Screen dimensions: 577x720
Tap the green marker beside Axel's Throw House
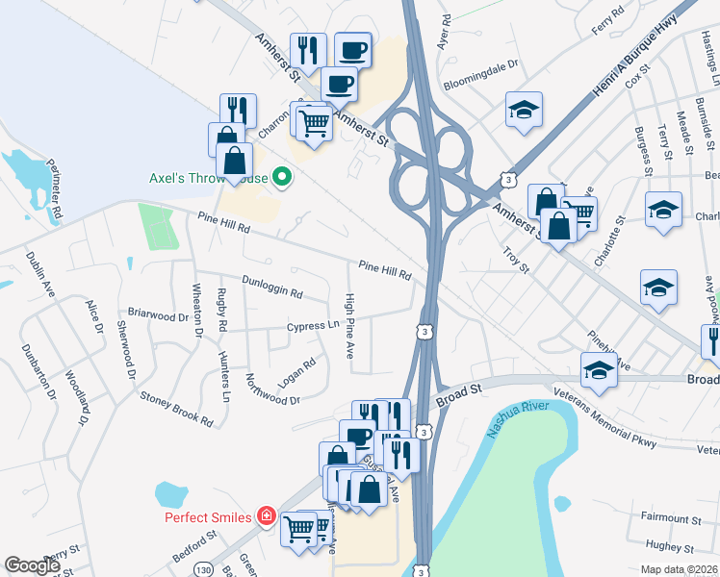coord(282,177)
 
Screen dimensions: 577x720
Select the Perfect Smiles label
coord(208,517)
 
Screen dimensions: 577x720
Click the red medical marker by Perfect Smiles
coord(267,517)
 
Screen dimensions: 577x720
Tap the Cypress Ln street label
coord(313,326)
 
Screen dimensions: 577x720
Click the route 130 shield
coord(204,570)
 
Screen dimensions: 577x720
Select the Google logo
coord(33,565)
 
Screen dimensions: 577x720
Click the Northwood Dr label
coord(272,389)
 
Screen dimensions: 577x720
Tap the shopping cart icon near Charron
coord(314,121)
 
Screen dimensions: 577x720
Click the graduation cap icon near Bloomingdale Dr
coord(524,110)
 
